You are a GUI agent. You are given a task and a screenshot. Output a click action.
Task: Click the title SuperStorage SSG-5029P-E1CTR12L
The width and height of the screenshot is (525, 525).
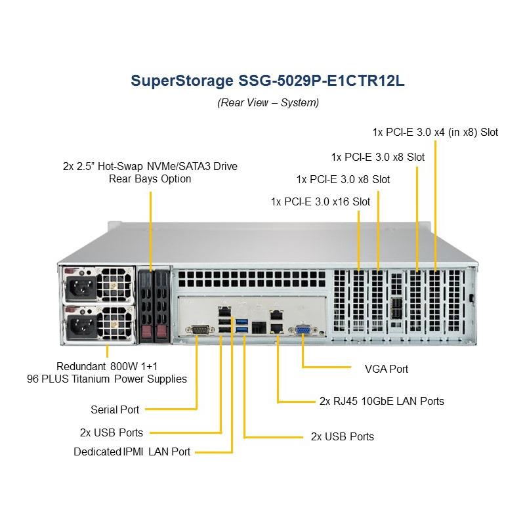[x=268, y=81]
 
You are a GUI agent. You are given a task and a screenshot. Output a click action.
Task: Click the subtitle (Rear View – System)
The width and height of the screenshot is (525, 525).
[x=268, y=102]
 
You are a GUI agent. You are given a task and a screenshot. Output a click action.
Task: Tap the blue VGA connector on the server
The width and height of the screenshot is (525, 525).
[x=303, y=331]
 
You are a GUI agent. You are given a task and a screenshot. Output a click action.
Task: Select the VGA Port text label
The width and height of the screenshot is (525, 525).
[x=386, y=369]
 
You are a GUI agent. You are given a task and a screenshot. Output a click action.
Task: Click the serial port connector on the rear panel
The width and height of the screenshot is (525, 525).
[x=197, y=331]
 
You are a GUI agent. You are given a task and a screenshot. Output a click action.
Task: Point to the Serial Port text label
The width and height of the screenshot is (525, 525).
[x=115, y=409]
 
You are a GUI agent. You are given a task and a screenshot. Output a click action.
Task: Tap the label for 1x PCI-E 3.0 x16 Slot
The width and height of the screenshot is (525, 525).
[x=320, y=201]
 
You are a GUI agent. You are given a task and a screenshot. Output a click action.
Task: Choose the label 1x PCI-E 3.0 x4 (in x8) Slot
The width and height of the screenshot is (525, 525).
[x=435, y=132]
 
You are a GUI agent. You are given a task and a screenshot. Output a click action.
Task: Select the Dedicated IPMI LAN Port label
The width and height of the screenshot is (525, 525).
[x=132, y=451]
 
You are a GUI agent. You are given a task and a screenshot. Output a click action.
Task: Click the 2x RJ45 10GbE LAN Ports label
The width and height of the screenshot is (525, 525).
[x=381, y=401]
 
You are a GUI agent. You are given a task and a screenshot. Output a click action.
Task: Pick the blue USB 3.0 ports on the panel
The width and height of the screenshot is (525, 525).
[x=242, y=324]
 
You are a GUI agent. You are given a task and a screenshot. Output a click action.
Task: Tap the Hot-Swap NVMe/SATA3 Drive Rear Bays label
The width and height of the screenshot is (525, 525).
[x=150, y=173]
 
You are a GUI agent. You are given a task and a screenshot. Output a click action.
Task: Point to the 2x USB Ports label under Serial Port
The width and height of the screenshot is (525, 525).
[x=111, y=432]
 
